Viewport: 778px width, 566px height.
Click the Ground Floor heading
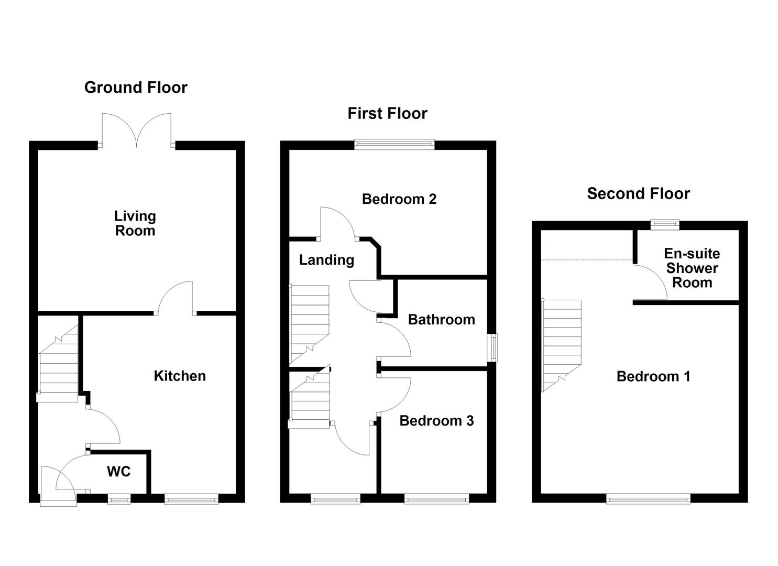tap(136, 88)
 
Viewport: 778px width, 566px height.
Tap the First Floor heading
tap(387, 114)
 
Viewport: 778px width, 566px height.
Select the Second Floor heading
tap(638, 194)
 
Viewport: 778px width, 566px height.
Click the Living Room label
tap(135, 223)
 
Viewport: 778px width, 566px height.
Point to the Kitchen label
tap(180, 376)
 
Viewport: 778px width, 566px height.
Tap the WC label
tap(119, 472)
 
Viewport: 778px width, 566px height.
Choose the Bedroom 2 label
tap(399, 199)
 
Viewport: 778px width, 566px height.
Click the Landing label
tap(326, 260)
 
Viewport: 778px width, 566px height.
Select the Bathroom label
tap(441, 320)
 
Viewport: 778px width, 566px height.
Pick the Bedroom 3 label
tap(436, 421)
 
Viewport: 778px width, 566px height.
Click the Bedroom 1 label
tap(653, 376)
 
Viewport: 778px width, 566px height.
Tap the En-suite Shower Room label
tap(692, 268)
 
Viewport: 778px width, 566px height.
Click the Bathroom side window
tap(492, 348)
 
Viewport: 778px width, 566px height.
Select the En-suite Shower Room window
tap(665, 225)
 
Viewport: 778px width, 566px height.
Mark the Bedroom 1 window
tap(648, 499)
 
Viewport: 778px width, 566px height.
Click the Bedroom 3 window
tap(436, 499)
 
